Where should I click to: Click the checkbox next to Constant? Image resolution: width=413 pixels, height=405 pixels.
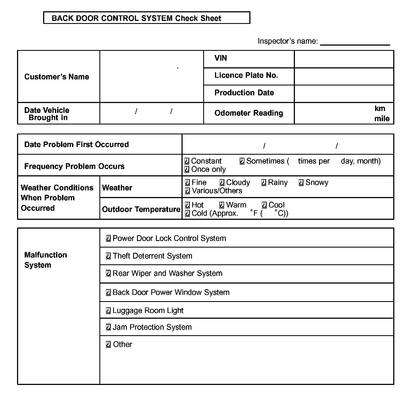coord(187,161)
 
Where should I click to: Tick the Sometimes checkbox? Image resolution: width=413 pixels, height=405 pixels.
coord(242,161)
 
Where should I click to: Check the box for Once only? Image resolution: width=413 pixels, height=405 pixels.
coord(187,170)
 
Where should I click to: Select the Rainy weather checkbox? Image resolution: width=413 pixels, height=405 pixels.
coord(264,183)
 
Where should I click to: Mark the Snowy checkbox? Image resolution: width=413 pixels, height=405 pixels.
coord(301,183)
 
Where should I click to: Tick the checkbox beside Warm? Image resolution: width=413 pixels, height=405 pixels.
coord(222,205)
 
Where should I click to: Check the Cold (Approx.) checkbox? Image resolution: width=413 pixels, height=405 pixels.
coord(187,213)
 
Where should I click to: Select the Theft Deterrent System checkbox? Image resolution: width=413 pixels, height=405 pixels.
coord(108,256)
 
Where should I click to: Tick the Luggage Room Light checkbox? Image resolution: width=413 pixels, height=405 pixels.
coord(108,311)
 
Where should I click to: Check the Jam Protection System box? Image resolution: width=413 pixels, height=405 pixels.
coord(108,327)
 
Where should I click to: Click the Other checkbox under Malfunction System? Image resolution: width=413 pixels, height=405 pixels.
coord(108,345)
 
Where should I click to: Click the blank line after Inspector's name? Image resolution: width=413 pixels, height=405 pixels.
coord(355,42)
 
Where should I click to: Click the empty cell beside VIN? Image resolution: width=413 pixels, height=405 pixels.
coord(344,59)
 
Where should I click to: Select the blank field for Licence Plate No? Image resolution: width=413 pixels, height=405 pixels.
coord(344,76)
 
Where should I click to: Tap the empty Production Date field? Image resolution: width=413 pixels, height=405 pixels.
coord(344,94)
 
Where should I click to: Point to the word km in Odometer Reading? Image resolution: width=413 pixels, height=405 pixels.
coord(380,109)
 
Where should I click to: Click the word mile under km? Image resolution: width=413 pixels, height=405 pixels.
coord(382,119)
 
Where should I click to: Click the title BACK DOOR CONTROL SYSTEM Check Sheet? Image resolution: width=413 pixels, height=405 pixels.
coord(136,18)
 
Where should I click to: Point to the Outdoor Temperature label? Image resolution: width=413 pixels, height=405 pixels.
coord(141,209)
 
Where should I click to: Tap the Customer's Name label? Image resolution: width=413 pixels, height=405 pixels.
coord(57,77)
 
